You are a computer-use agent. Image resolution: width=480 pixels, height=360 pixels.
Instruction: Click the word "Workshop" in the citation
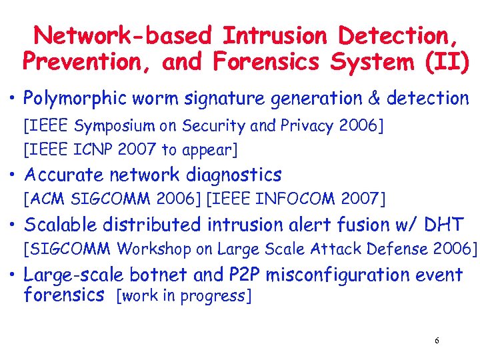click(x=153, y=249)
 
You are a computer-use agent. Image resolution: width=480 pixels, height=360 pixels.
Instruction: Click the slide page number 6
click(x=437, y=341)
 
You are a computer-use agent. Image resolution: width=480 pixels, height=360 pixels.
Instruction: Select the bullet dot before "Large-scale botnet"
click(x=13, y=275)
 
